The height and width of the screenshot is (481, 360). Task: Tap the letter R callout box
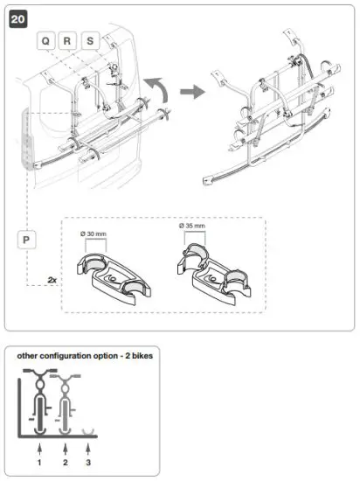pos(68,41)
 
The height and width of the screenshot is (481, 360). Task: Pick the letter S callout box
pos(90,41)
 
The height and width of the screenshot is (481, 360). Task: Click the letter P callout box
pos(26,238)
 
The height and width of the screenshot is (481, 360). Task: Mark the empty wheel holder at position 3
pos(88,431)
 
